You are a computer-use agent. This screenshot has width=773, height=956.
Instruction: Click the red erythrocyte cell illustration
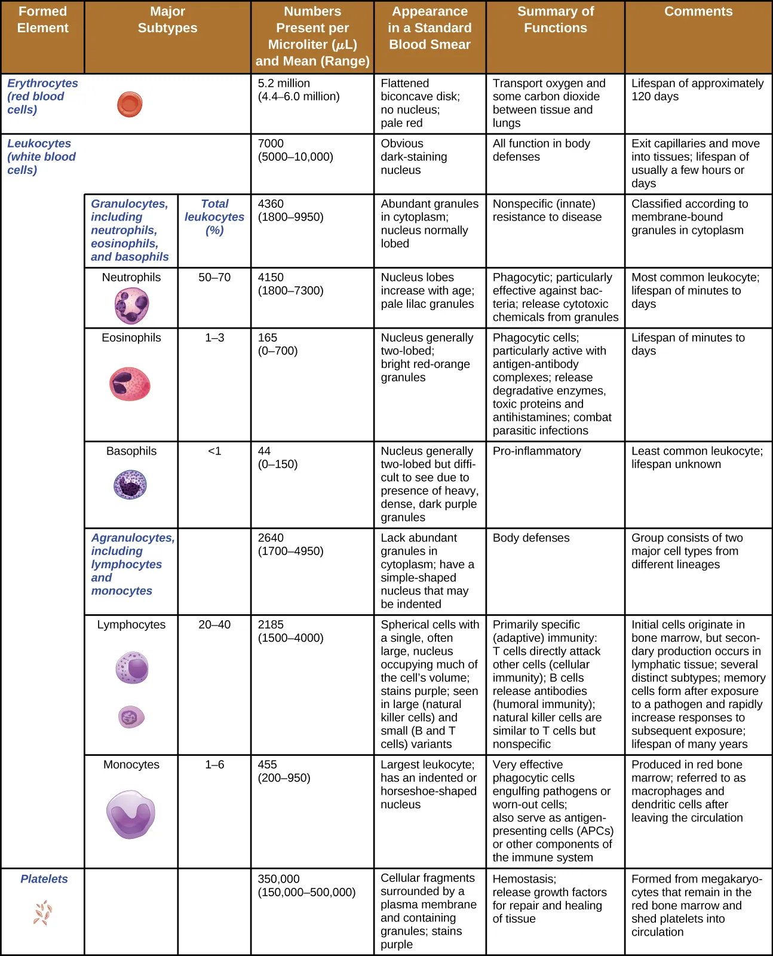pos(130,105)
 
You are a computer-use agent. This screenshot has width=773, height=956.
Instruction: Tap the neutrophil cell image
pos(131,305)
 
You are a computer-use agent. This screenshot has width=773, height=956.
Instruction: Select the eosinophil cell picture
pos(130,384)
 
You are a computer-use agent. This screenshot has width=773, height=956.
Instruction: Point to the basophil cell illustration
pos(130,485)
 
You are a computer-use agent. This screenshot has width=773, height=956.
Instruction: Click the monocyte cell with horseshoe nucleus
pos(131,814)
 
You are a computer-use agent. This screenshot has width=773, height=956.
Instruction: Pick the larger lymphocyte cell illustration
pos(132,667)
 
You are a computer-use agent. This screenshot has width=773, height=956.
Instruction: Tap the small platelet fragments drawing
pos(43,913)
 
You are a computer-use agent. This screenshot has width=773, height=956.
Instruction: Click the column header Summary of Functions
pos(555,20)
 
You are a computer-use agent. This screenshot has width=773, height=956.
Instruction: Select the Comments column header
pos(698,11)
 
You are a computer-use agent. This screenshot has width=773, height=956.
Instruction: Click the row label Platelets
pos(44,879)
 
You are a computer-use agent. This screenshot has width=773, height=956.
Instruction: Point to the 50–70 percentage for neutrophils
pos(214,277)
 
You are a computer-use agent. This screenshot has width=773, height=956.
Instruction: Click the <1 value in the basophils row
pos(214,451)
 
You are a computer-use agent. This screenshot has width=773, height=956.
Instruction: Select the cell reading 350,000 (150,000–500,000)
pos(306,885)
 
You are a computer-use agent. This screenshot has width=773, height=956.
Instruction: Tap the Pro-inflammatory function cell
pos(536,451)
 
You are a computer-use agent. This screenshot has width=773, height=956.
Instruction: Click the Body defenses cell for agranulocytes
pos(530,538)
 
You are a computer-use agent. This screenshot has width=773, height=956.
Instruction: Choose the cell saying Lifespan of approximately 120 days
pos(697,90)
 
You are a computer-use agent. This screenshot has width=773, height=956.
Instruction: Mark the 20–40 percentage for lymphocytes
pos(214,624)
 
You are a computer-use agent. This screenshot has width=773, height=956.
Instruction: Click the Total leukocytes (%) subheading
pos(214,217)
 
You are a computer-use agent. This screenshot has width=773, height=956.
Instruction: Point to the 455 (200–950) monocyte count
pos(284,771)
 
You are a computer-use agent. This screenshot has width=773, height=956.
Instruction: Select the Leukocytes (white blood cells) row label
pos(41,157)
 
